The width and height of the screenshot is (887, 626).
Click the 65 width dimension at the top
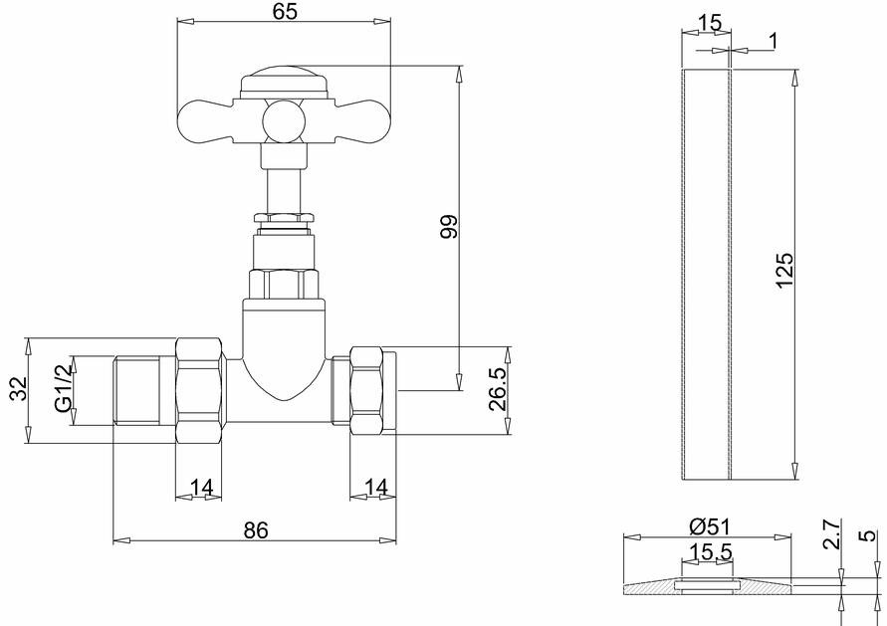(x=285, y=11)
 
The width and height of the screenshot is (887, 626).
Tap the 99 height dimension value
(x=449, y=226)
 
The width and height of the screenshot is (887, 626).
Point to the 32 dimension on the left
(x=19, y=388)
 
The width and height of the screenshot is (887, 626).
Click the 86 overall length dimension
(x=256, y=530)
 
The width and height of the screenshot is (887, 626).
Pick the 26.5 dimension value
(x=498, y=390)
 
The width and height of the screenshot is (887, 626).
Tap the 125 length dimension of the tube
(x=784, y=271)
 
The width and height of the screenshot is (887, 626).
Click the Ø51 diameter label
(x=711, y=527)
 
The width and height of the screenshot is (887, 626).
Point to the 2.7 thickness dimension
(x=831, y=535)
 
